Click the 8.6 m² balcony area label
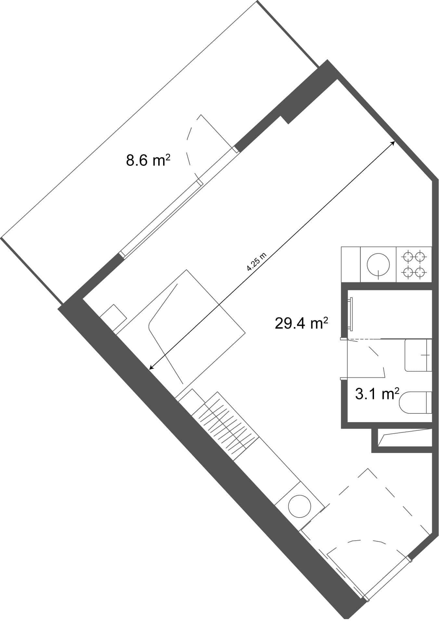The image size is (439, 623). [148, 161]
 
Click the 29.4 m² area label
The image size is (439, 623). [301, 324]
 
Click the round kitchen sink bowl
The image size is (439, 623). [378, 264]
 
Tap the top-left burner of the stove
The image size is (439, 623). [408, 257]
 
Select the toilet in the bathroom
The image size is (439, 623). [416, 402]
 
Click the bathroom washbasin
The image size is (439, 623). [418, 355]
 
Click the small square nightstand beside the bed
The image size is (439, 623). [113, 317]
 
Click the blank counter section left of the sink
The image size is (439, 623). [351, 264]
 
